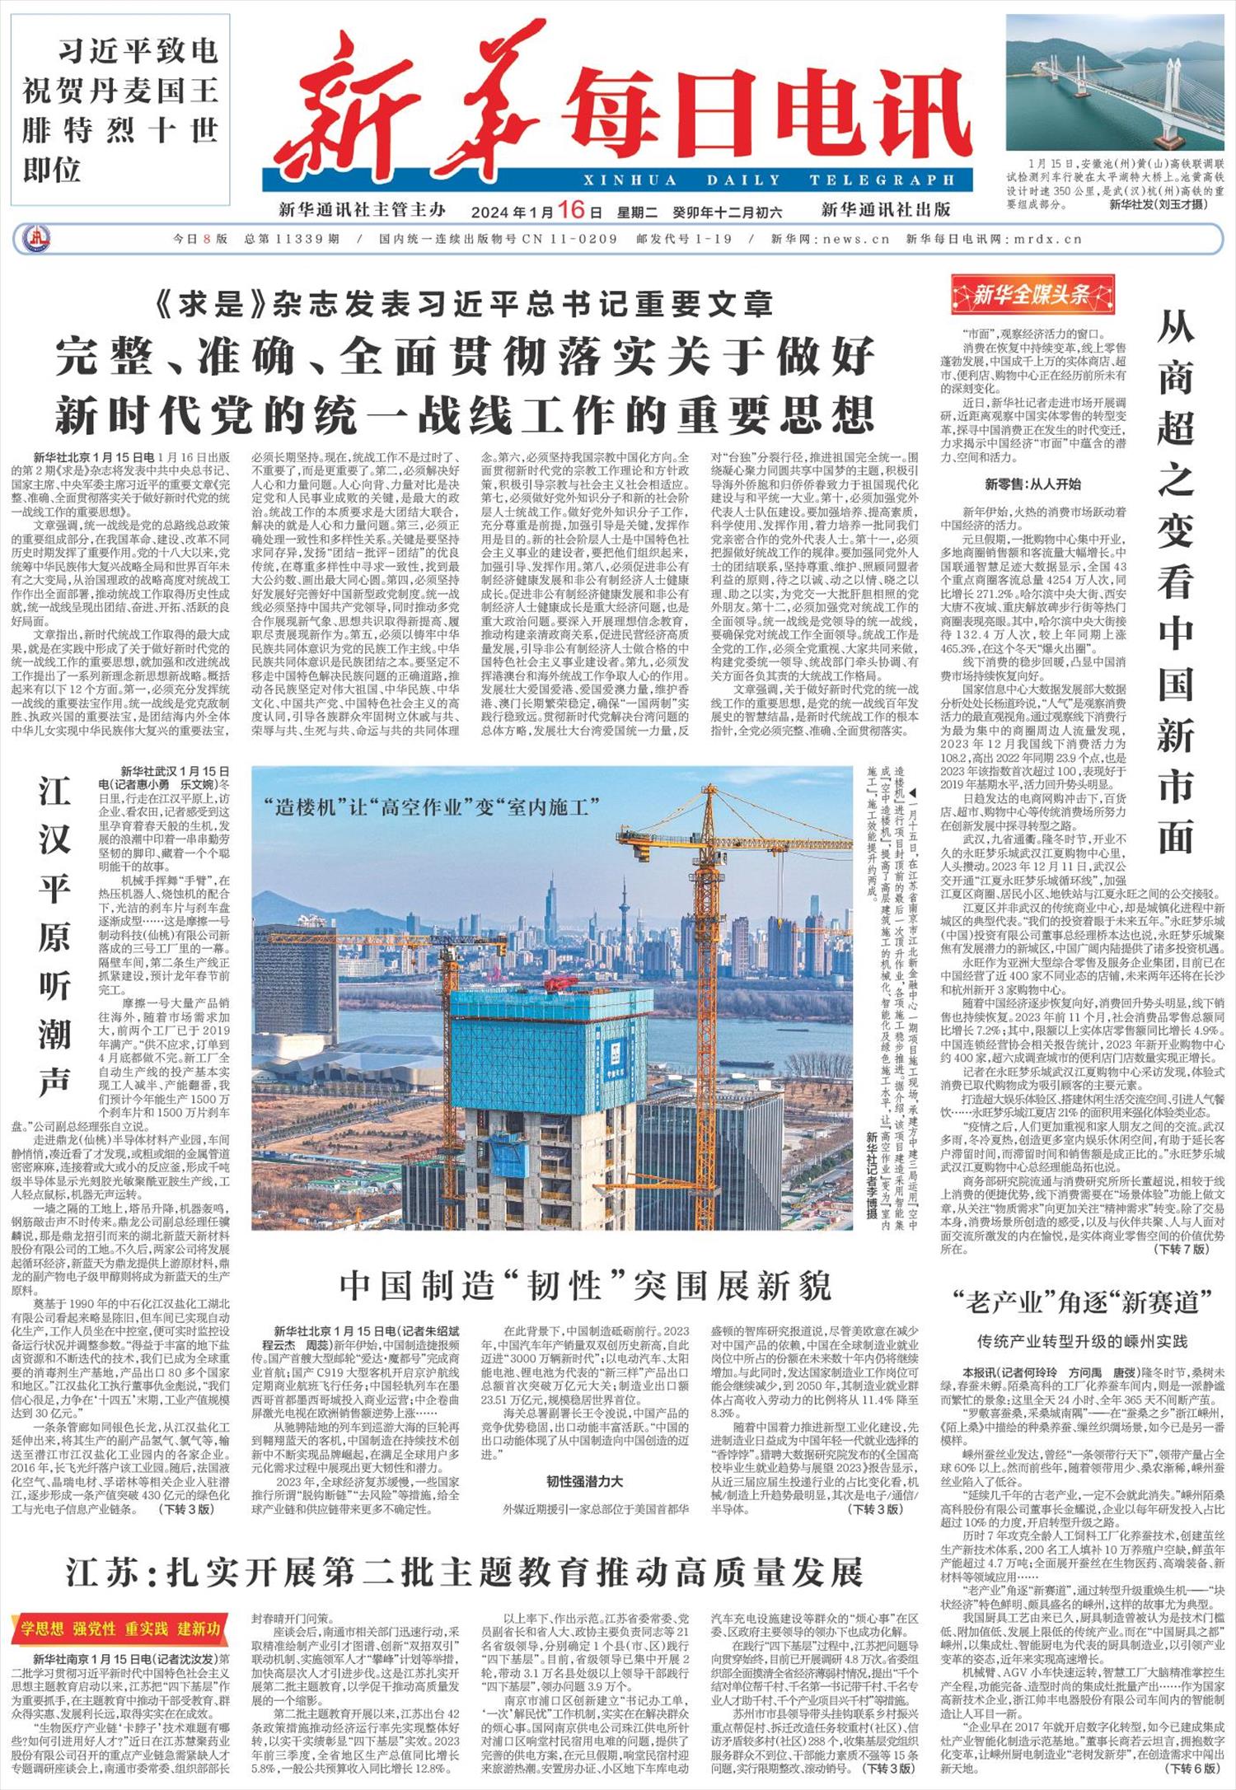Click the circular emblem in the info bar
tap(36, 240)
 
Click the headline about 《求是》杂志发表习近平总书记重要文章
tap(464, 304)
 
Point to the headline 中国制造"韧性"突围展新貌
tap(586, 1285)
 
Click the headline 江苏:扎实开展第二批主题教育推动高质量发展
tap(464, 1572)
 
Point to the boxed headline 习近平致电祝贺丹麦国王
tap(120, 110)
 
